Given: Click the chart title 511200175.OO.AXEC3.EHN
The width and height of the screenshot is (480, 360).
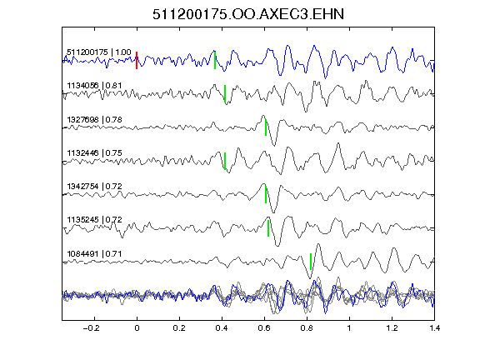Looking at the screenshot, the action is pos(248,14).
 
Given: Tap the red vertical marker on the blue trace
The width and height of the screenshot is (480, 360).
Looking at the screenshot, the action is pos(137,60).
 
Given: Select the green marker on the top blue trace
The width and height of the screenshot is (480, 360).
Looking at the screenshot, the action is pos(215,60).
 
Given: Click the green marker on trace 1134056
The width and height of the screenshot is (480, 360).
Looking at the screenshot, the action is pos(225,93).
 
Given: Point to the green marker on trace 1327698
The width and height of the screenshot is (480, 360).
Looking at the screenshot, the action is pos(266,127).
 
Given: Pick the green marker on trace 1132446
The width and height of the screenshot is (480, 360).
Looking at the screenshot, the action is pos(225,161).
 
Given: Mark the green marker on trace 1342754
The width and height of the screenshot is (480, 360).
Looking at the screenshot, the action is pos(266,194).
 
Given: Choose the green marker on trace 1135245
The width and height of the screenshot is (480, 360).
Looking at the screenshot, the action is pos(268,228).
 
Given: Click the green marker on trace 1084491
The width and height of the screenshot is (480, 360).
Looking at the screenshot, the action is pos(311,262).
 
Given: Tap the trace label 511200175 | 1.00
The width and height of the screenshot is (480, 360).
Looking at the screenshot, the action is pos(99,52).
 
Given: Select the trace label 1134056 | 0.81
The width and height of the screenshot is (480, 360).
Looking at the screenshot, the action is pos(94,85).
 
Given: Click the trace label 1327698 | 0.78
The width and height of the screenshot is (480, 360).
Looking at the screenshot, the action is pos(94,119).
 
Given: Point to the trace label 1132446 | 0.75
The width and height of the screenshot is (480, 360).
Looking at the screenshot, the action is pos(94,152).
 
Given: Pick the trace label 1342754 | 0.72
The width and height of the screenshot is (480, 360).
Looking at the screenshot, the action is pos(94,186).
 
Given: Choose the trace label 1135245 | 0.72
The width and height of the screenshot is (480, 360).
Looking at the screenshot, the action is pos(94,219).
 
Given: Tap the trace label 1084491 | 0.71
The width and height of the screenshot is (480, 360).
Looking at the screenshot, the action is pos(94,254).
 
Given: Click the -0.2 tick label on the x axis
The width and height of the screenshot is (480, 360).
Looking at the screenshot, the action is pos(92,328).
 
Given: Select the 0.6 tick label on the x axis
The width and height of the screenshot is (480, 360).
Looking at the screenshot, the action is pos(264,328).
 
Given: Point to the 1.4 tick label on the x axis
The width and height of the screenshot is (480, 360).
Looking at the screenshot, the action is pos(434,328).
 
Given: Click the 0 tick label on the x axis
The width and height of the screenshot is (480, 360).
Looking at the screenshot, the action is pos(137,328).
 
